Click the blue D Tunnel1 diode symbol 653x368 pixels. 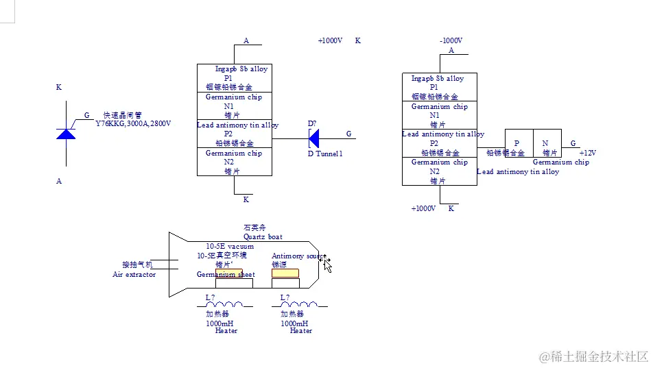point(314,139)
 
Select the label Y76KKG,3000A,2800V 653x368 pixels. point(133,124)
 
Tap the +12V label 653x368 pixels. point(588,153)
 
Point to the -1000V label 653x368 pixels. point(451,41)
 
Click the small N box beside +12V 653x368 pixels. point(546,143)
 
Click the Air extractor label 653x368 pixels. point(134,275)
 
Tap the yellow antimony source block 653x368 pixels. point(285,273)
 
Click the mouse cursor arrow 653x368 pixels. point(326,264)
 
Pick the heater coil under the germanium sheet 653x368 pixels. point(224,305)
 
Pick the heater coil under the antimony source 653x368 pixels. point(300,305)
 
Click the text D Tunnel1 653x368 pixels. point(324,154)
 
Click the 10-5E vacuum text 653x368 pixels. point(230,247)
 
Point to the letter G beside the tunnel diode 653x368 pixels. point(348,134)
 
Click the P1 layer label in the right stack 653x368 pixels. point(434,87)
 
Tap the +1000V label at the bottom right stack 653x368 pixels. point(423,208)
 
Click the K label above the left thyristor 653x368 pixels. point(59,88)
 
